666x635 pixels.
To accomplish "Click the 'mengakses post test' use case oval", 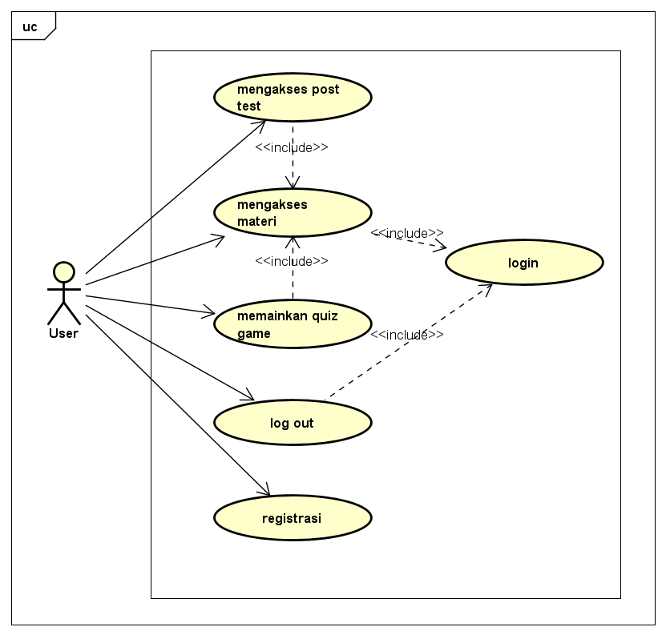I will click(x=293, y=97).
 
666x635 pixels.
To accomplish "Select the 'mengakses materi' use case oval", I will click(x=293, y=212).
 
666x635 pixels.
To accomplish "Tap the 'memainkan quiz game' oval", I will click(x=293, y=324).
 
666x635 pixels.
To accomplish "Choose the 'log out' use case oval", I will click(x=293, y=422).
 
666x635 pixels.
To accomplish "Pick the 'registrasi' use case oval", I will click(x=293, y=518).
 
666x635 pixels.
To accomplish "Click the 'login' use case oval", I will click(x=523, y=263).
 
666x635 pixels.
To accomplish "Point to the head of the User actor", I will click(x=63, y=272).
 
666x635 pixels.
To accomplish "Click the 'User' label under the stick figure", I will click(x=63, y=333).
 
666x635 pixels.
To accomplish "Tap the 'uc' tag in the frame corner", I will click(x=30, y=26).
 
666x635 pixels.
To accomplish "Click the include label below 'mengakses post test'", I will click(x=292, y=147).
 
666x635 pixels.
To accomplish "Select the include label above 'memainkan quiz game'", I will click(x=292, y=261).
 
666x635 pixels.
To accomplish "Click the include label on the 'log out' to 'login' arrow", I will click(x=407, y=335).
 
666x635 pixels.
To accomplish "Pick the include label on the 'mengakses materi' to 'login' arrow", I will click(x=407, y=233).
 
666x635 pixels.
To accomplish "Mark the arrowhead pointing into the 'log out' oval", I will click(x=249, y=397).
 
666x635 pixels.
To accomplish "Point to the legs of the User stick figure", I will click(x=63, y=313).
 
